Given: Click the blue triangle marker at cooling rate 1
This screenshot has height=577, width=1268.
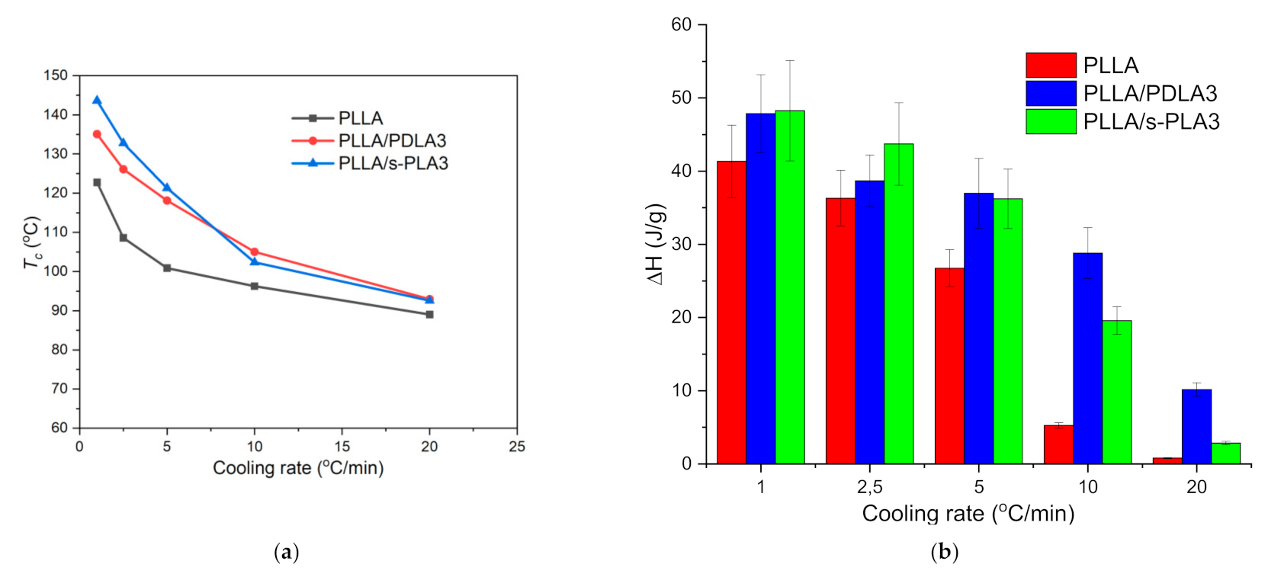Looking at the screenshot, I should (97, 100).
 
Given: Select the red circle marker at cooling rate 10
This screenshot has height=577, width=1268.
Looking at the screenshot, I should (255, 252).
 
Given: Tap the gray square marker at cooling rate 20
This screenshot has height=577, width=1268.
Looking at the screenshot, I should (429, 314).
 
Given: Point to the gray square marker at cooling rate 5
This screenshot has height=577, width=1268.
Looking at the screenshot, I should (167, 268).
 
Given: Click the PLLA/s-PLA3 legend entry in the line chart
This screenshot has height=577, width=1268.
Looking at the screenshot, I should (371, 163).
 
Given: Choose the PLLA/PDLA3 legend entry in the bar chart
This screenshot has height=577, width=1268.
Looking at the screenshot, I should (1122, 93).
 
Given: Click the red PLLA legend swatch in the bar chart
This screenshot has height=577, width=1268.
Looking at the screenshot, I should (1051, 65).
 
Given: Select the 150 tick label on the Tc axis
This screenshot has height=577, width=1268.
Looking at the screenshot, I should (56, 75).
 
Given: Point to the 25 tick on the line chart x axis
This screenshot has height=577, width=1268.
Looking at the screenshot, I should (517, 447).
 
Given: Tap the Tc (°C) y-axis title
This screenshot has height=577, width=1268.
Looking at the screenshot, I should (31, 242).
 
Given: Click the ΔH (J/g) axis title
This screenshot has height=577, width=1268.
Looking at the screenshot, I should (656, 244).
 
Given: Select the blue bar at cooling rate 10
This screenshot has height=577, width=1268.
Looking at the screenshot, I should (1087, 357).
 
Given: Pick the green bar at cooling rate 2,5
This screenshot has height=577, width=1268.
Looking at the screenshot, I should (898, 303).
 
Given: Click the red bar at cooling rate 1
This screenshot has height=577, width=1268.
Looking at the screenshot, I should (731, 312).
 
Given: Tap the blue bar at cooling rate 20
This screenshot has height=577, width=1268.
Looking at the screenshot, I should (1196, 426).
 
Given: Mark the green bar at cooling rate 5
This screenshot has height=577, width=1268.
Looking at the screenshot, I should (1007, 331).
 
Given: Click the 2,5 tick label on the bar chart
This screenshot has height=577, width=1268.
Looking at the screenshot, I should (869, 487).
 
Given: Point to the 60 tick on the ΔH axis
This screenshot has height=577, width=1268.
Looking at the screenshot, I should (681, 25).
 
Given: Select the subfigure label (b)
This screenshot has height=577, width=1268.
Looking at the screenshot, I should (945, 552).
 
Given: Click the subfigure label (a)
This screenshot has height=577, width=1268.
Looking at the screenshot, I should (286, 552).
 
